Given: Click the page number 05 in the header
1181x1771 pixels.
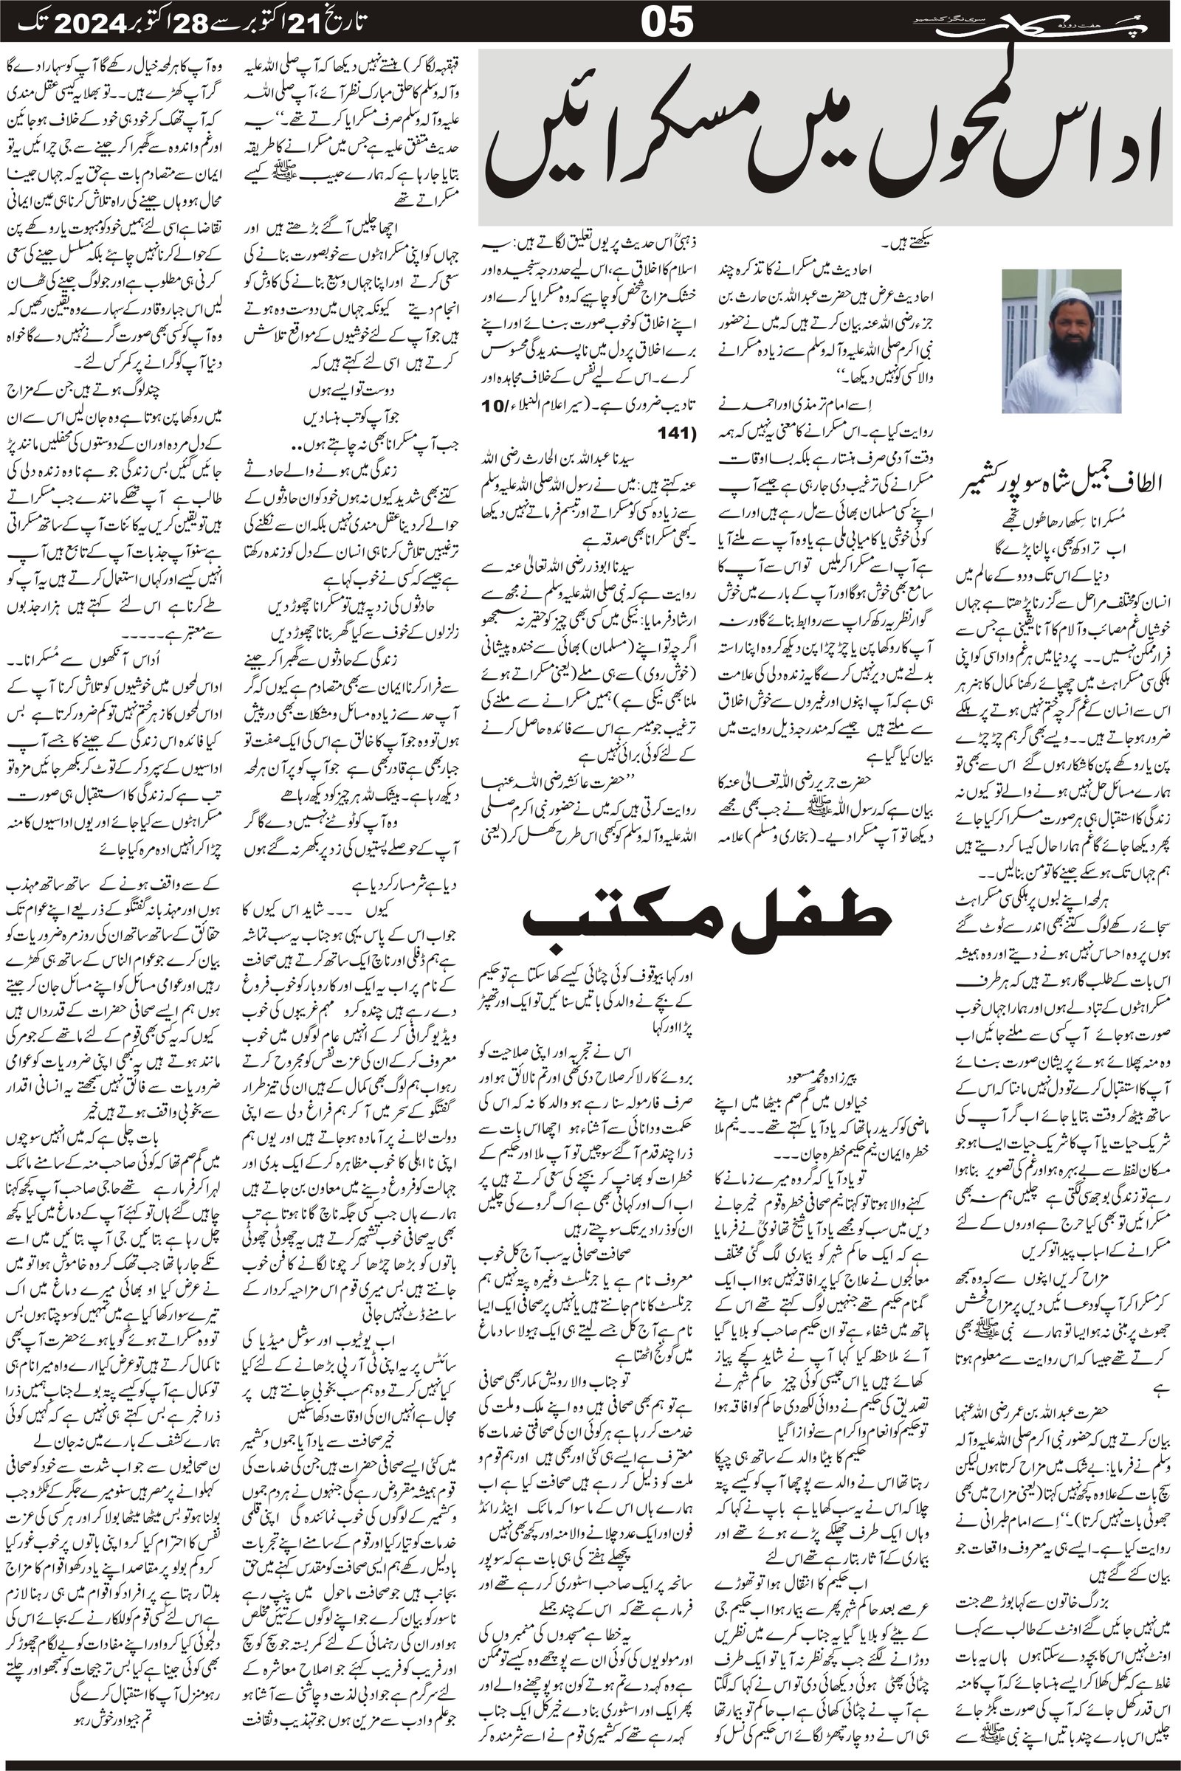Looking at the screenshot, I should tap(667, 24).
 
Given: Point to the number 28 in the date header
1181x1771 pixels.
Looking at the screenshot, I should tap(198, 24).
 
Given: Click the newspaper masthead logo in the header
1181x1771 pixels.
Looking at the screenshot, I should tap(1086, 23).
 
